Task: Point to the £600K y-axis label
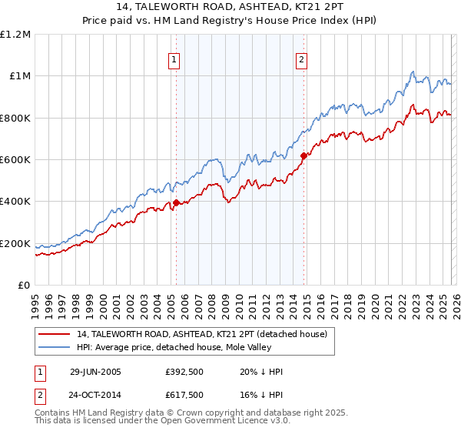click(x=15, y=160)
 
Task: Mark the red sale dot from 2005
click(x=177, y=203)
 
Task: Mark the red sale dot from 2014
click(x=303, y=156)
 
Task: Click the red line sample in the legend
click(x=55, y=334)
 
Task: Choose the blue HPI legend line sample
click(x=55, y=346)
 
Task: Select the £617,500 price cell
click(x=184, y=396)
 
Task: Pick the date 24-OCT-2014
click(x=95, y=396)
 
